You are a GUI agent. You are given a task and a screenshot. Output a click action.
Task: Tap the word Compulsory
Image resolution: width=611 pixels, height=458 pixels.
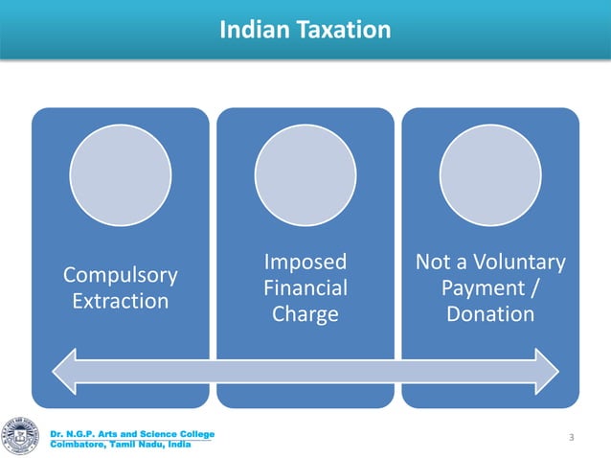coord(120,275)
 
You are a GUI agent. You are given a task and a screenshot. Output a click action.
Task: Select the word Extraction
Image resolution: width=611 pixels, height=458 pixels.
coord(120,301)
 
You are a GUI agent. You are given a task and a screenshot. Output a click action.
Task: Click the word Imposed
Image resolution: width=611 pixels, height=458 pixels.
coord(305,262)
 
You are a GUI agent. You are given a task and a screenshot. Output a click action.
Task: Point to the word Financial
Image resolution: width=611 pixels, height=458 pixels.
coord(305,287)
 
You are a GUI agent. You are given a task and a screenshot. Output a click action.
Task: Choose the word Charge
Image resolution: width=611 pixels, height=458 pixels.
coord(305,313)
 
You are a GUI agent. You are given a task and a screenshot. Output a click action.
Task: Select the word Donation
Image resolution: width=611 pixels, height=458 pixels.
coord(490,313)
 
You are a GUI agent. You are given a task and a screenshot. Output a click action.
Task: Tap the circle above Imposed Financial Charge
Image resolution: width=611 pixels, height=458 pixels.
coord(305,174)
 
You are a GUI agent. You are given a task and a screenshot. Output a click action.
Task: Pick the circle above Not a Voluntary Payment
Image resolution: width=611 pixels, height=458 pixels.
coord(490,174)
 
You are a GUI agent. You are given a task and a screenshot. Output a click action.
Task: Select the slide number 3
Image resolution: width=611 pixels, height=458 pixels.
coord(571,438)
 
